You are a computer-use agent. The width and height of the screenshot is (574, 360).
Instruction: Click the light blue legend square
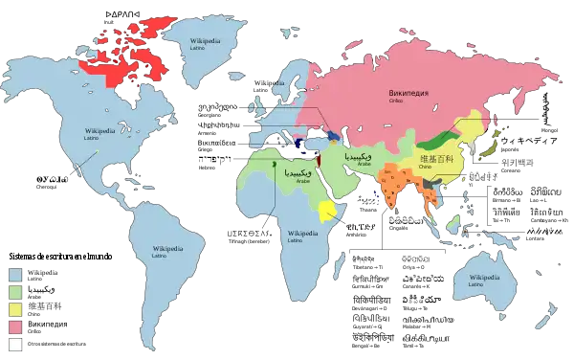(x=15, y=274)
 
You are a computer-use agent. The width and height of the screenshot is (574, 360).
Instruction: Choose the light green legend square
(x=15, y=291)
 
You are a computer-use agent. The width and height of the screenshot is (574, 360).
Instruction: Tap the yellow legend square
(x=15, y=308)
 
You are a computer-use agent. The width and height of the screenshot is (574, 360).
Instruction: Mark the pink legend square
(x=15, y=326)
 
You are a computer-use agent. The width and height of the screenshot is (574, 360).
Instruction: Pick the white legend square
(x=15, y=344)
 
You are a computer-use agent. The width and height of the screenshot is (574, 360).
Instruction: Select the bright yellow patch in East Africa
(x=330, y=210)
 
